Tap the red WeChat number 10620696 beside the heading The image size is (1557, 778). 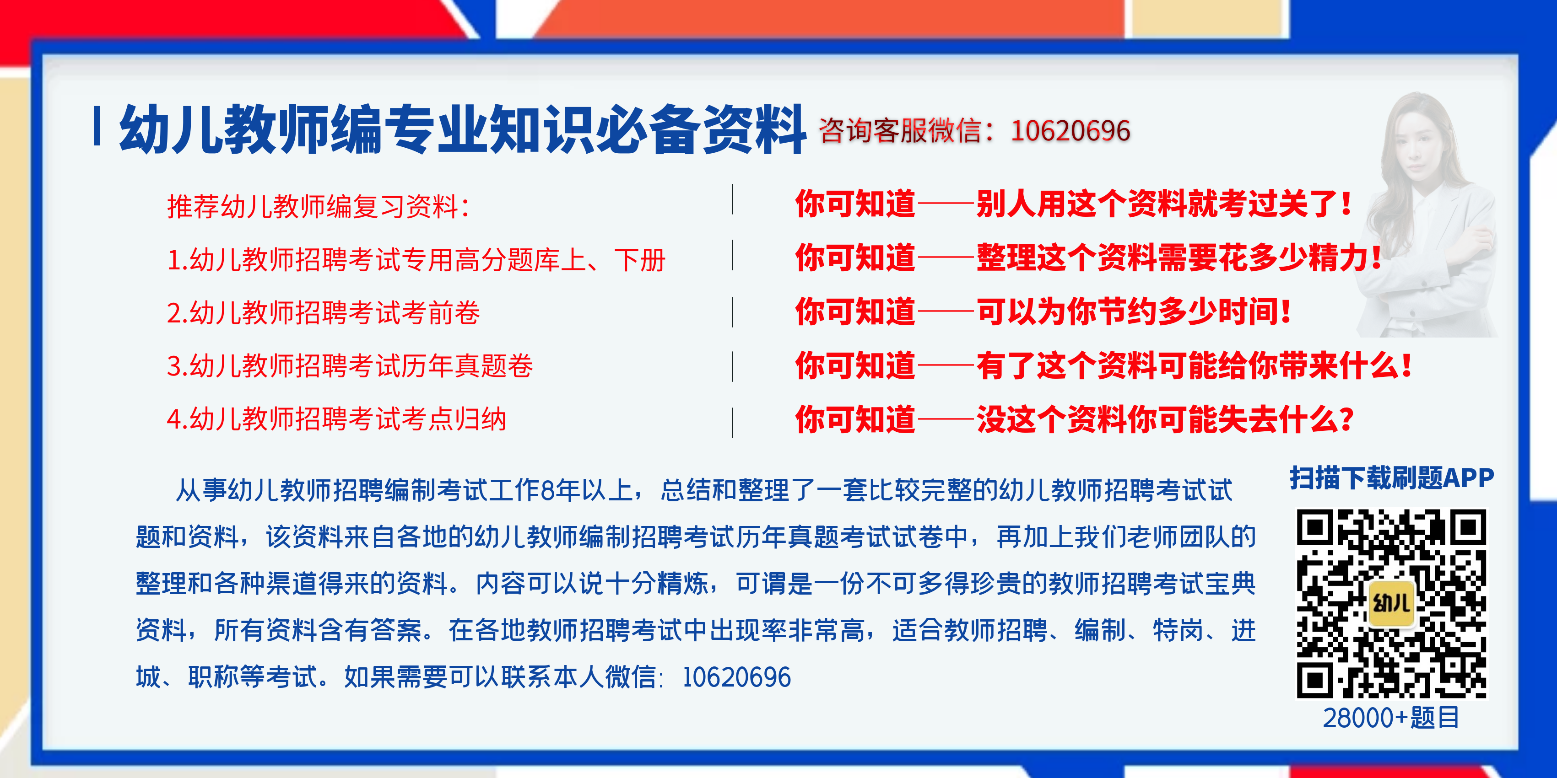[1070, 131]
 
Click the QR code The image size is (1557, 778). [1391, 604]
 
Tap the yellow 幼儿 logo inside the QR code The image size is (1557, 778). [1391, 603]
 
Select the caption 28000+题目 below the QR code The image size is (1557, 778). [1391, 718]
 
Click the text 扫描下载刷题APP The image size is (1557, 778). [1391, 478]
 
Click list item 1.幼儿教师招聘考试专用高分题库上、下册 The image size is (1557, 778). [416, 260]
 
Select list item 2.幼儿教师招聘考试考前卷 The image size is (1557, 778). [324, 313]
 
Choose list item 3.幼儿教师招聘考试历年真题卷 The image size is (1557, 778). [349, 366]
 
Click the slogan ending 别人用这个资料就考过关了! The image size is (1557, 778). [1073, 204]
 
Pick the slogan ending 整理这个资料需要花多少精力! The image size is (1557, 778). [1088, 258]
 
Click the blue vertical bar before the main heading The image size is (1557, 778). [97, 126]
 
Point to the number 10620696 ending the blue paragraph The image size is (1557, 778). [736, 677]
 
